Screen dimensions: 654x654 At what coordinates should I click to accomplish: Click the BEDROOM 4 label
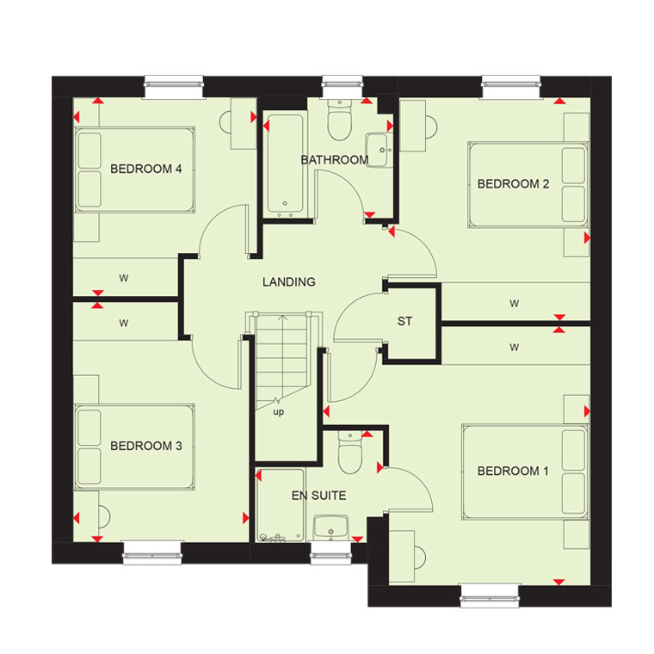click(x=146, y=169)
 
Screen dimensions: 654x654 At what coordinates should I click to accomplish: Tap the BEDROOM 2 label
click(x=513, y=184)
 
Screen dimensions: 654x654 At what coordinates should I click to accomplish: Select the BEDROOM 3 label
click(x=146, y=446)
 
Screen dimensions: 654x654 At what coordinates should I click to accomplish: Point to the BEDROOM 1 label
click(x=513, y=472)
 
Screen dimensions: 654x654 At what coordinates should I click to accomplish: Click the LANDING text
click(x=288, y=282)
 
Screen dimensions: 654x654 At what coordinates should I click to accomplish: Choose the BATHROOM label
click(x=335, y=160)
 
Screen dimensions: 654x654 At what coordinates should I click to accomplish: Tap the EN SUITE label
click(x=318, y=496)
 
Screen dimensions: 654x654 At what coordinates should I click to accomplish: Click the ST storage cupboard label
click(x=404, y=321)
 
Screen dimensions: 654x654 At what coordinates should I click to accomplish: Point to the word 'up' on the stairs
click(x=278, y=412)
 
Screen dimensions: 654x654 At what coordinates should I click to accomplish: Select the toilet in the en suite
click(x=350, y=453)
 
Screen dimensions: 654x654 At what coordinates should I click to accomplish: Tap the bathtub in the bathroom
click(x=286, y=163)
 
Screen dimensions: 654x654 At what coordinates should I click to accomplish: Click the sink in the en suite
click(x=330, y=528)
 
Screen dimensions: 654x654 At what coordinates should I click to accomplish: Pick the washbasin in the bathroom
click(x=379, y=150)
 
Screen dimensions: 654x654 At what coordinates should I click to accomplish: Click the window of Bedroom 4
click(x=174, y=87)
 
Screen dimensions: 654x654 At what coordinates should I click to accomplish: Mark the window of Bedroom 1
click(x=490, y=595)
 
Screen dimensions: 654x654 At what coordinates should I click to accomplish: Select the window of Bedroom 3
click(x=153, y=552)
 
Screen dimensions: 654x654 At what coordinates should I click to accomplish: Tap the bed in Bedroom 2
click(x=528, y=184)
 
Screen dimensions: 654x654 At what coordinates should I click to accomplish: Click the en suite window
click(x=331, y=552)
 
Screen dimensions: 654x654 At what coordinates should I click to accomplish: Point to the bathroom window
click(x=342, y=87)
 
